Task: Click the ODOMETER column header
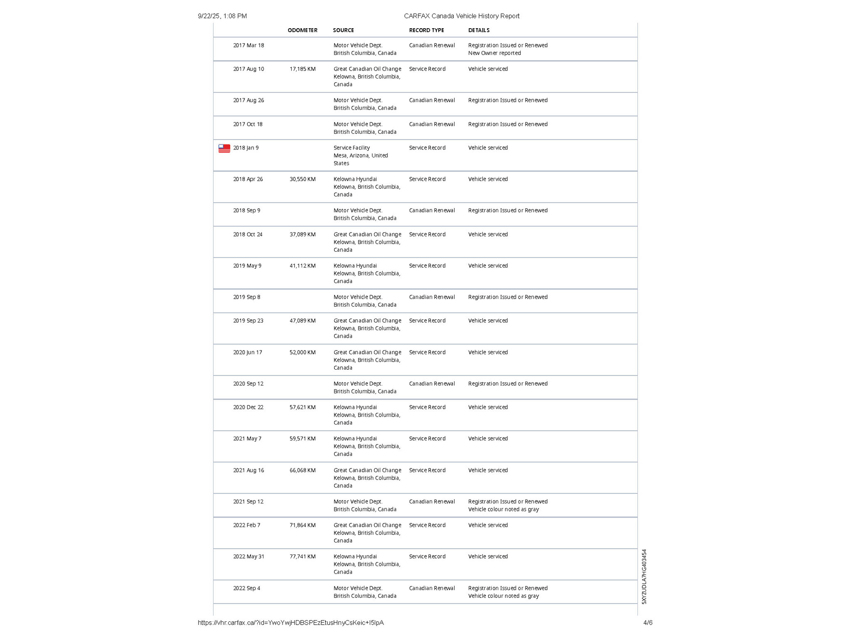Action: pyautogui.click(x=302, y=30)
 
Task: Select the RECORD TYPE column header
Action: pyautogui.click(x=426, y=30)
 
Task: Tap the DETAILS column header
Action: pyautogui.click(x=479, y=30)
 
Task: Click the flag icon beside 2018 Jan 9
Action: pyautogui.click(x=224, y=148)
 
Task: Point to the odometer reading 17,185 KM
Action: pyautogui.click(x=303, y=69)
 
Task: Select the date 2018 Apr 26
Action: pyautogui.click(x=248, y=179)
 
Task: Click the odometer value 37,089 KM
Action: pyautogui.click(x=303, y=234)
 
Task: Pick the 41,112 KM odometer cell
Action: pyautogui.click(x=303, y=266)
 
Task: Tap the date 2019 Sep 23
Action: pyautogui.click(x=248, y=321)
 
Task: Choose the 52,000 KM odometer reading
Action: pyautogui.click(x=303, y=352)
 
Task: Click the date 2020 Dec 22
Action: pyautogui.click(x=248, y=407)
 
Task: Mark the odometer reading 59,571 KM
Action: pyautogui.click(x=303, y=439)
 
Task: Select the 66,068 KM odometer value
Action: pyautogui.click(x=303, y=470)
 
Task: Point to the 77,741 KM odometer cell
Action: pyautogui.click(x=303, y=557)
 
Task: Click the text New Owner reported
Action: pyautogui.click(x=494, y=53)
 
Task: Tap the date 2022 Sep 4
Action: pyautogui.click(x=246, y=588)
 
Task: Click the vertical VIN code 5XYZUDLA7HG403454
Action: pyautogui.click(x=644, y=577)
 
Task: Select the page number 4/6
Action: pyautogui.click(x=648, y=623)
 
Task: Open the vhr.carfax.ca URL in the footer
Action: pyautogui.click(x=290, y=623)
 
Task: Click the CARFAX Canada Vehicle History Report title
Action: pyautogui.click(x=462, y=16)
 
